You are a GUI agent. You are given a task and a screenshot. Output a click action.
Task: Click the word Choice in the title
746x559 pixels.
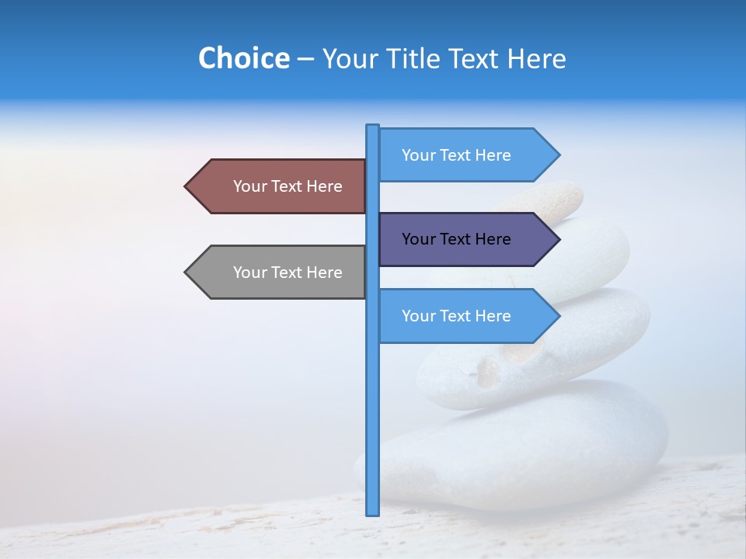click(243, 58)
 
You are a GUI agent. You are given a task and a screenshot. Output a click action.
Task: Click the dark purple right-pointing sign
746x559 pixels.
click(458, 239)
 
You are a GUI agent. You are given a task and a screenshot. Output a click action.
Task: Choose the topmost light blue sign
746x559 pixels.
click(458, 155)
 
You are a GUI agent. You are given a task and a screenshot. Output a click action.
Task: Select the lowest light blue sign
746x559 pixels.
click(458, 316)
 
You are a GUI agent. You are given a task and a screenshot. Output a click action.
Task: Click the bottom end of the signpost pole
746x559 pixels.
click(373, 512)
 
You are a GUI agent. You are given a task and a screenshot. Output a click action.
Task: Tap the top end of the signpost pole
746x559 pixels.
click(373, 127)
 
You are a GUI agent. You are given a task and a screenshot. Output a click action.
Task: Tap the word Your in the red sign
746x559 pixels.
click(249, 186)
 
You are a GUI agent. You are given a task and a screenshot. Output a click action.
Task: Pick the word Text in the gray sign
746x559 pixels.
click(288, 273)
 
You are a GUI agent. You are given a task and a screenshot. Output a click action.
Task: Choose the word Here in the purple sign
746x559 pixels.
click(493, 239)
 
